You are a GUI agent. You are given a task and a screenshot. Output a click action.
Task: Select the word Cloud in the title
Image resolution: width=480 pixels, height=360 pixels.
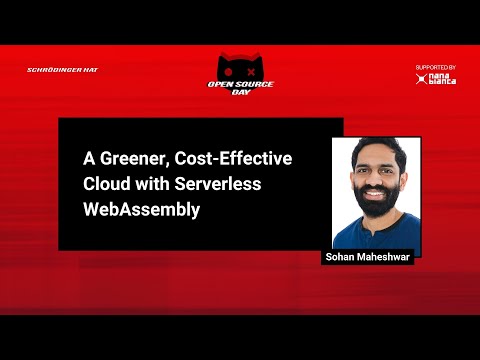(x=107, y=185)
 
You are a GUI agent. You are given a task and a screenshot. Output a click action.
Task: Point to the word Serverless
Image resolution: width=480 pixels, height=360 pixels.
(x=226, y=185)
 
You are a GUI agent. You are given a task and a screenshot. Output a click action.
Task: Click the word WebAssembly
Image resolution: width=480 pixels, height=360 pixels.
(x=141, y=210)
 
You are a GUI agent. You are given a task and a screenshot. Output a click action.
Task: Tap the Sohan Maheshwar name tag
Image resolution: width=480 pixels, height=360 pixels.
(x=367, y=257)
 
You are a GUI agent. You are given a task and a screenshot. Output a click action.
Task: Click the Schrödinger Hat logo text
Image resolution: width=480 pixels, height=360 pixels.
(x=62, y=70)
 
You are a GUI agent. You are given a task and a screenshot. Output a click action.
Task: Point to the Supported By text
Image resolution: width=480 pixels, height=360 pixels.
(x=435, y=67)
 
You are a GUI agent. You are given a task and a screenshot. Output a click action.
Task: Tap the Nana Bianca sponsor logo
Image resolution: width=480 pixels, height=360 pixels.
(x=436, y=78)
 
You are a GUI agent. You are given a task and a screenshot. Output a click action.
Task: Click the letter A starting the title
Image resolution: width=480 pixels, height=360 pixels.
(x=88, y=160)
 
